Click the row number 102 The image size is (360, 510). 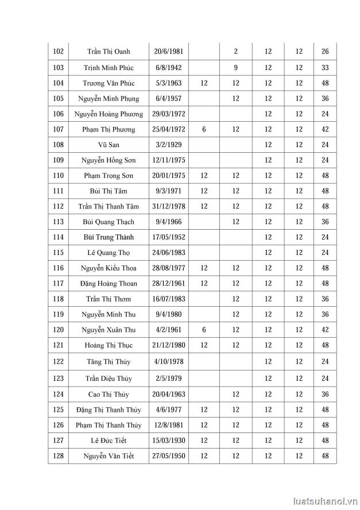pos(58,52)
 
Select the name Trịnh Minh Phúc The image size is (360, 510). pos(109,67)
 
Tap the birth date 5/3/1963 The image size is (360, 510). pos(168,83)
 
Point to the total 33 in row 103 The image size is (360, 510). pos(325,67)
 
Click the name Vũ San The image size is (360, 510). pos(109,145)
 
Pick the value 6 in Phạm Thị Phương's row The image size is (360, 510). pos(204,129)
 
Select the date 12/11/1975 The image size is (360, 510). pos(168,160)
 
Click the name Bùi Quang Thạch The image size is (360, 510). pos(109,222)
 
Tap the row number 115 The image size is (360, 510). pos(58,253)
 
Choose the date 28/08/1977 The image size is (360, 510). pos(168,268)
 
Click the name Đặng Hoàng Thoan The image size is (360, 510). pos(109,284)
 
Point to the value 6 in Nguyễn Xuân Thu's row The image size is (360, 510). pos(204,330)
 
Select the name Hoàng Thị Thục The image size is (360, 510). pos(109,345)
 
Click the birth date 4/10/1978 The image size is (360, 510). pos(168,361)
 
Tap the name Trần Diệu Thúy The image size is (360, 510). pos(109,378)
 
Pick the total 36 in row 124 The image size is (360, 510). pos(325,394)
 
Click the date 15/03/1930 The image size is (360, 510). pos(168,441)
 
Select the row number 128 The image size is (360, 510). pos(58,456)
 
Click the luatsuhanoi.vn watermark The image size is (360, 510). pos(324,500)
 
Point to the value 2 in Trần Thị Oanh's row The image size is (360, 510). pos(235,52)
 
